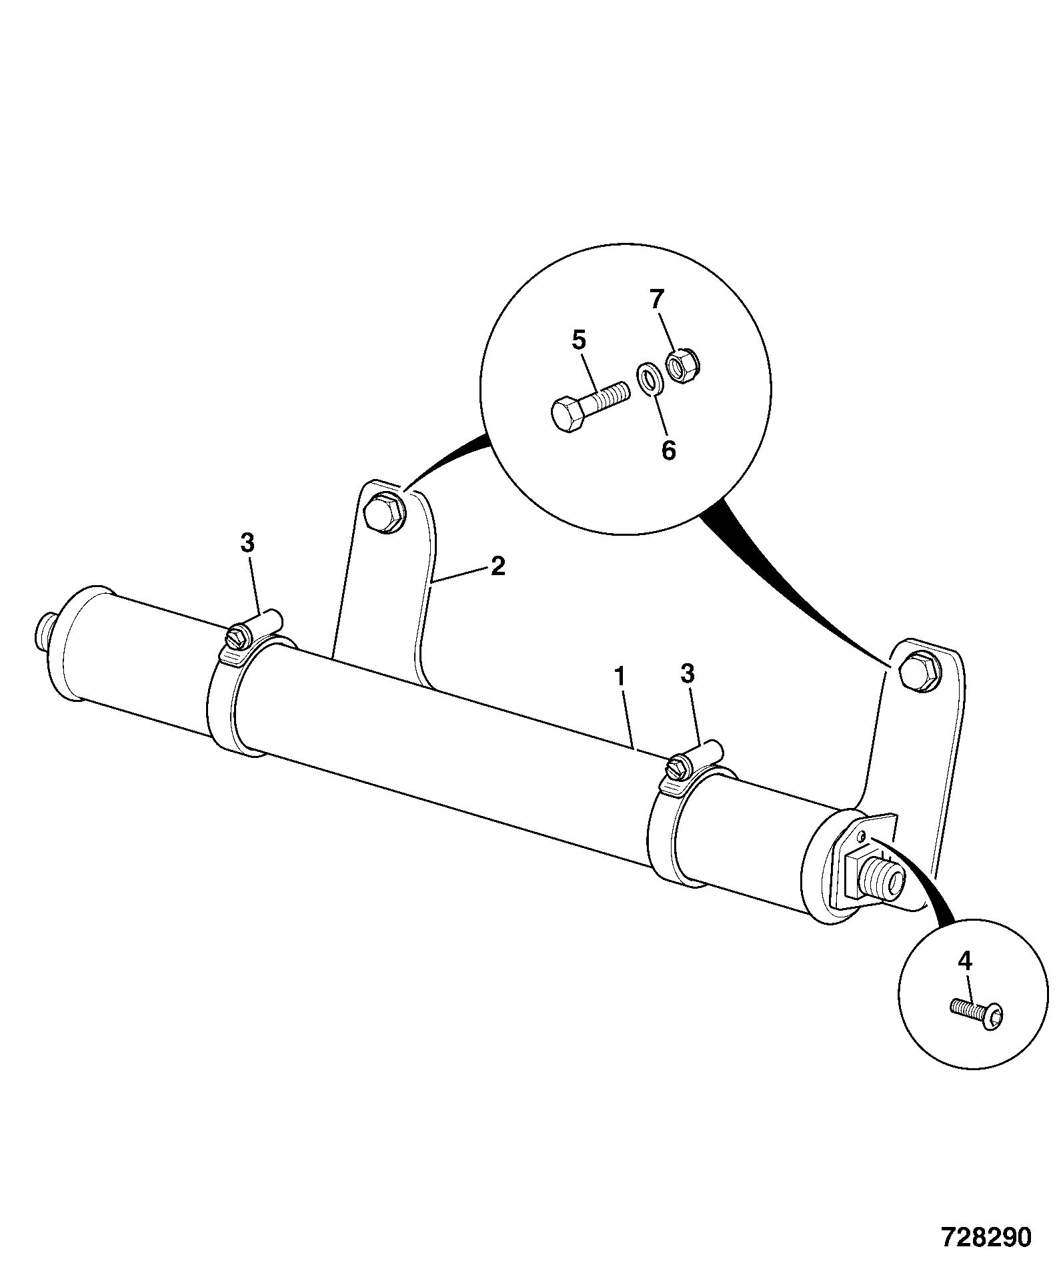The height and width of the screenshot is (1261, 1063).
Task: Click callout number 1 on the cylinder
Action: pos(620,677)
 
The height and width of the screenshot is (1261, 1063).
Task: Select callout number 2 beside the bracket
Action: pos(497,566)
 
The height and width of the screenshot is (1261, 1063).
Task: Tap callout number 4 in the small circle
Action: pos(965,961)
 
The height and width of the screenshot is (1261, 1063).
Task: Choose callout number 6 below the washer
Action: pos(668,450)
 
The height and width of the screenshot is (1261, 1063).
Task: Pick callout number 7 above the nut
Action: pos(658,300)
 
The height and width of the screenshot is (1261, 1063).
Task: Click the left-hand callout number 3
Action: pos(247,544)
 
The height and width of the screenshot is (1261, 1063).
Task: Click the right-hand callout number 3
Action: pos(688,674)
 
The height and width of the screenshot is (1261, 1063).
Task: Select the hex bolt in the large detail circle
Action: pos(590,406)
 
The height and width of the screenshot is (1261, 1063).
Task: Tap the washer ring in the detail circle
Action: pos(648,379)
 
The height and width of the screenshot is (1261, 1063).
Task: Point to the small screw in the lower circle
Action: pos(976,1017)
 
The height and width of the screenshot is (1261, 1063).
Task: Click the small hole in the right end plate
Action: pos(862,836)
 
